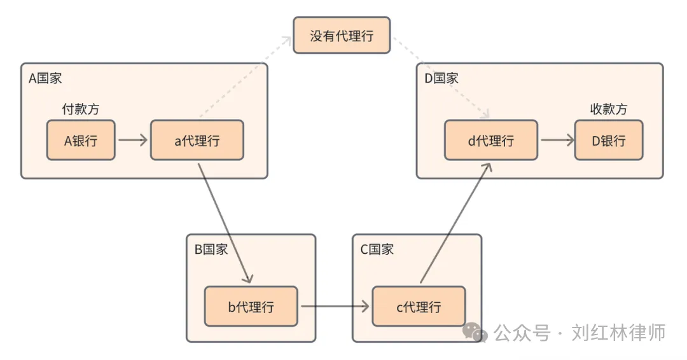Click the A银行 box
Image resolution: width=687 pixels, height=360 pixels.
[x=81, y=140]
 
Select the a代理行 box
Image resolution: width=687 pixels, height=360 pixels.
[x=197, y=140]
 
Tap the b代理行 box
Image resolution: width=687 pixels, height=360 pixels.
[x=251, y=307]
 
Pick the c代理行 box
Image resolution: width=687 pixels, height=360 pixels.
[x=419, y=307]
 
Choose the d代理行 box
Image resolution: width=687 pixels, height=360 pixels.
[x=490, y=140]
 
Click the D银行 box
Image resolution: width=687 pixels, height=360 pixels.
[x=609, y=140]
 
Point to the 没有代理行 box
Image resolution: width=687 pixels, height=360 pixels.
[x=342, y=36]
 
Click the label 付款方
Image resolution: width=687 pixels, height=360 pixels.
[x=81, y=109]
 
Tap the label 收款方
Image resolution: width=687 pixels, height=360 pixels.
[x=609, y=109]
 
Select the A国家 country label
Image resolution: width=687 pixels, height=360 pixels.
[x=46, y=78]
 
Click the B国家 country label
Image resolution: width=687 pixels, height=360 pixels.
[x=211, y=249]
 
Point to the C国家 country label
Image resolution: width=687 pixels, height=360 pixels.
[x=377, y=249]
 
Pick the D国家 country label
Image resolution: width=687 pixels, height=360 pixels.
[x=441, y=78]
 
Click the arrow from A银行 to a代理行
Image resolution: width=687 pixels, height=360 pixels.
[x=132, y=140]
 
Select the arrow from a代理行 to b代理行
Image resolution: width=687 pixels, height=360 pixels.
[x=225, y=222]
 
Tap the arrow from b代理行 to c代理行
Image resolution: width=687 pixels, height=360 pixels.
[x=335, y=307]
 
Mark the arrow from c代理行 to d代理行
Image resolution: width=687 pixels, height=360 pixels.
[x=455, y=222]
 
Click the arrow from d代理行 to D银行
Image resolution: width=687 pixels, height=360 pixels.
[x=557, y=140]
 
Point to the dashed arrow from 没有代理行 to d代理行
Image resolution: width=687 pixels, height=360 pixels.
[x=439, y=76]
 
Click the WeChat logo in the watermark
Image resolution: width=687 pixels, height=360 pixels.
[x=475, y=331]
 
